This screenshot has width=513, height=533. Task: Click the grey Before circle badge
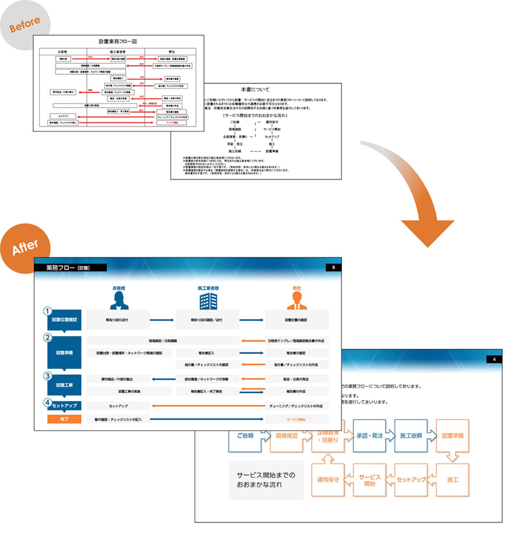pyautogui.click(x=25, y=25)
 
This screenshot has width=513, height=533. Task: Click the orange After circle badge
pyautogui.click(x=25, y=248)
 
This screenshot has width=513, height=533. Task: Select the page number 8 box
pyautogui.click(x=333, y=267)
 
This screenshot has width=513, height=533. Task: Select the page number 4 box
pyautogui.click(x=494, y=359)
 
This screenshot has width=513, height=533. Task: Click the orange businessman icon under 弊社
pyautogui.click(x=297, y=301)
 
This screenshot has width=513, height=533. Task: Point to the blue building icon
pyautogui.click(x=208, y=301)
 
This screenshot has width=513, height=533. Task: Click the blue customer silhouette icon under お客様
pyautogui.click(x=119, y=301)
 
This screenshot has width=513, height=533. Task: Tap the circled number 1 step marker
pyautogui.click(x=47, y=311)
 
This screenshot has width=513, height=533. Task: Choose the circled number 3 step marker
pyautogui.click(x=47, y=376)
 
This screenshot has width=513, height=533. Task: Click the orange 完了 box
pyautogui.click(x=64, y=419)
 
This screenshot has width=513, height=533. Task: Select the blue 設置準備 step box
pyautogui.click(x=64, y=352)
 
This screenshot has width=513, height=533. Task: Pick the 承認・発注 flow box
pyautogui.click(x=369, y=436)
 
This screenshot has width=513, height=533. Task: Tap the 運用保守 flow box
pyautogui.click(x=328, y=480)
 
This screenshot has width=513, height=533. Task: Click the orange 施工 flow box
pyautogui.click(x=452, y=480)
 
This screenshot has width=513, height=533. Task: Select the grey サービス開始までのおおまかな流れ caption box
pyautogui.click(x=266, y=480)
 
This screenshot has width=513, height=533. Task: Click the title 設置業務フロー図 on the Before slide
pyautogui.click(x=118, y=41)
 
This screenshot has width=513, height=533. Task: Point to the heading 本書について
pyautogui.click(x=255, y=89)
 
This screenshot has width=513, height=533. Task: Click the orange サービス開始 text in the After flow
pyautogui.click(x=296, y=419)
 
